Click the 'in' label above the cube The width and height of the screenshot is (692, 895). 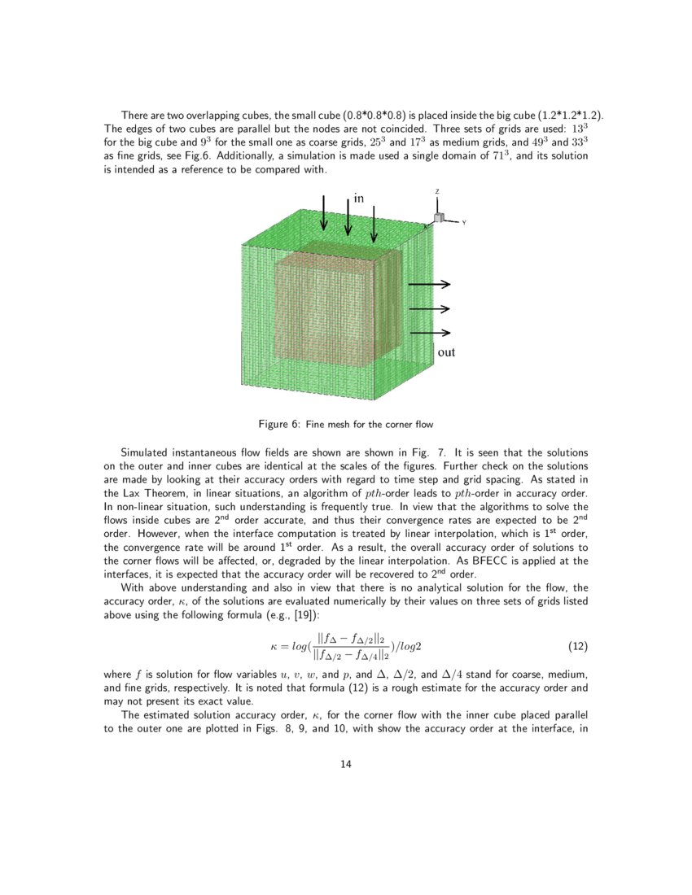[x=358, y=198]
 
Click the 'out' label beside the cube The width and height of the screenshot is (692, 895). [x=446, y=352]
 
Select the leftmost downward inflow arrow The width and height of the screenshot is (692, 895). [x=325, y=213]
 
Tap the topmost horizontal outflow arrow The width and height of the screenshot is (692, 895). [x=429, y=284]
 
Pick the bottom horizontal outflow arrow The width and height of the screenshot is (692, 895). [x=429, y=333]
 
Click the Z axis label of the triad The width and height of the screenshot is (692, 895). [x=437, y=192]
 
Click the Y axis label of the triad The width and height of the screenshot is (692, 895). [x=463, y=222]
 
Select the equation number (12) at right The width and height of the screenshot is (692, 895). [x=576, y=647]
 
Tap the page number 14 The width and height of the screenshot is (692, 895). [x=346, y=764]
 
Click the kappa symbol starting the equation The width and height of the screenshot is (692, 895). [x=274, y=647]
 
